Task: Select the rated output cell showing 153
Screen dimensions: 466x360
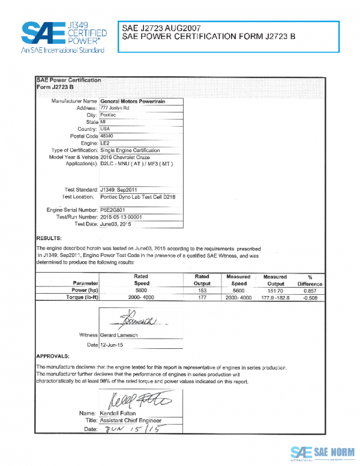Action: [202, 289]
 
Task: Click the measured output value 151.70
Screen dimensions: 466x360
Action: [275, 289]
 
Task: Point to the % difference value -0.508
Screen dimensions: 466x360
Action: [310, 297]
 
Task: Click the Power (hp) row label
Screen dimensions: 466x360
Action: [82, 289]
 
